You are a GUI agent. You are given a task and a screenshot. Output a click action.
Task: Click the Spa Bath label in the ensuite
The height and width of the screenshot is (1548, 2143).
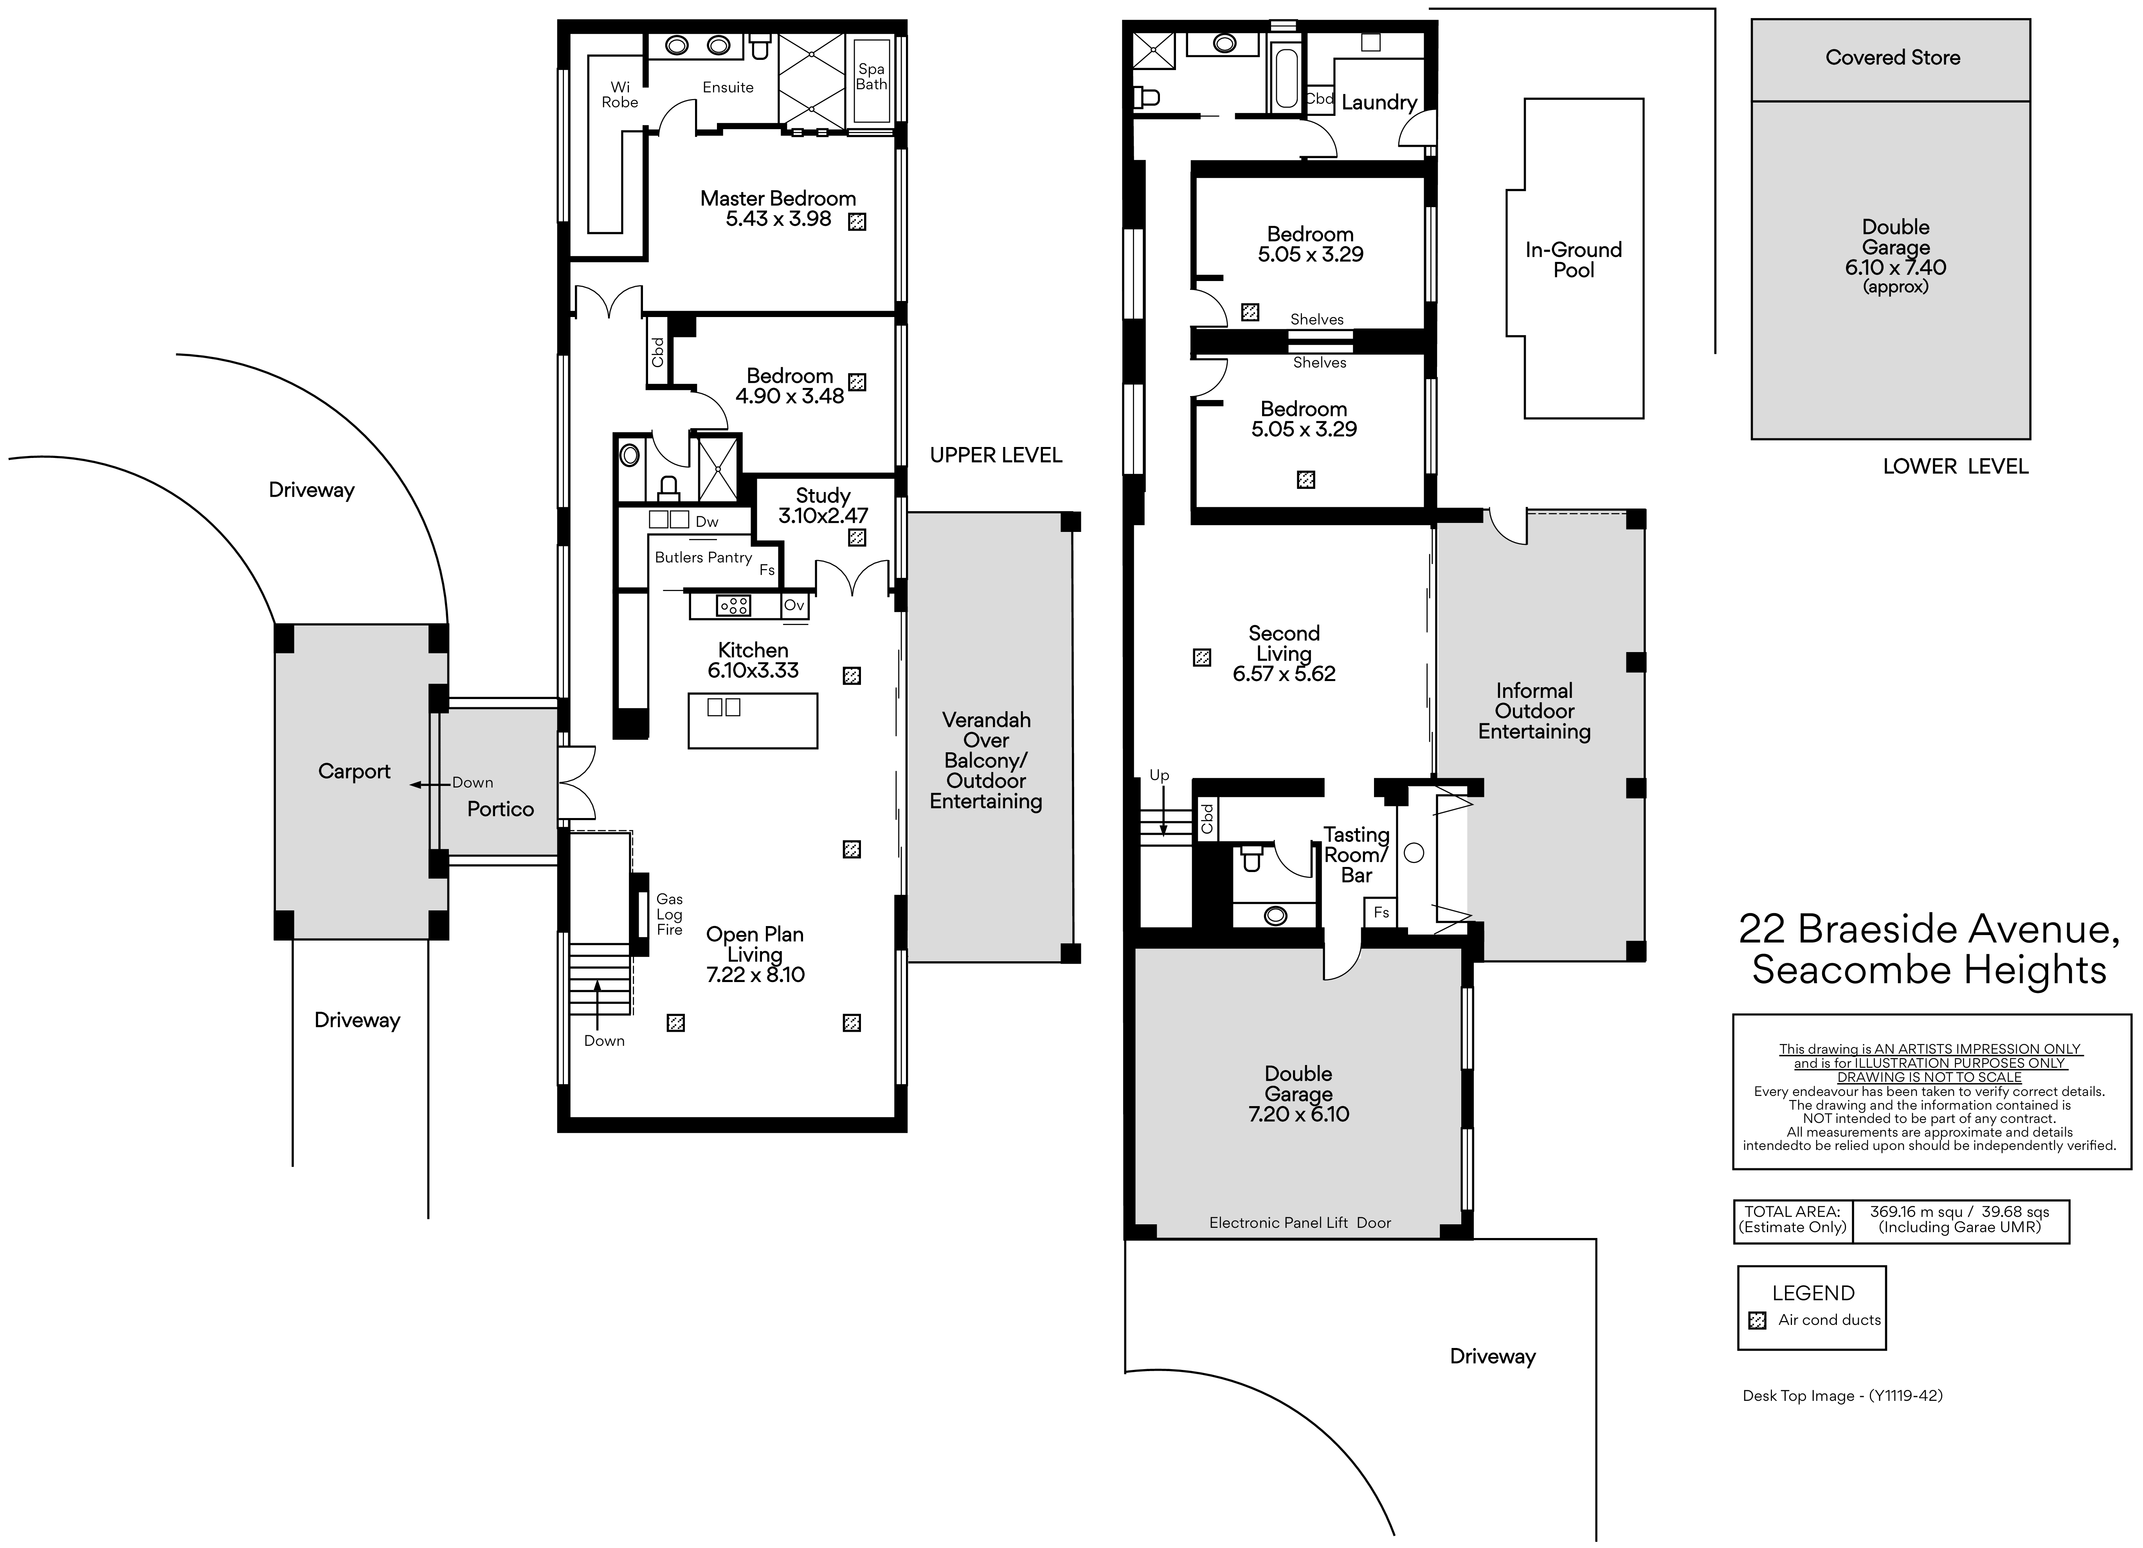871,77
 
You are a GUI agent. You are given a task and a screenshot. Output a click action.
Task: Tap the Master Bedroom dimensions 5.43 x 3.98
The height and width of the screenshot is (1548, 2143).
779,218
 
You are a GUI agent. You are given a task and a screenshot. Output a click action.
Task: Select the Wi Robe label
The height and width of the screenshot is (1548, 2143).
620,94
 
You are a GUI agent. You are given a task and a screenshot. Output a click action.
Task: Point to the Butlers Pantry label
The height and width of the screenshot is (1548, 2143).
703,558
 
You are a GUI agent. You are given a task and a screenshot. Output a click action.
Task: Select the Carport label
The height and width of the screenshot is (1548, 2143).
354,771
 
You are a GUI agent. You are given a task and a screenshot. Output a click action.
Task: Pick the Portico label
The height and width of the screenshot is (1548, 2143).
501,809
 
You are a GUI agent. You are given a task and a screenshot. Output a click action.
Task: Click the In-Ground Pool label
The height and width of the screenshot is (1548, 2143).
1573,260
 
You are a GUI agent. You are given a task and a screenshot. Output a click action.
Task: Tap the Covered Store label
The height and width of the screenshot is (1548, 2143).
1893,58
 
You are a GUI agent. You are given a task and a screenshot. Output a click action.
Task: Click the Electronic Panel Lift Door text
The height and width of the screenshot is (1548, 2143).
1300,1223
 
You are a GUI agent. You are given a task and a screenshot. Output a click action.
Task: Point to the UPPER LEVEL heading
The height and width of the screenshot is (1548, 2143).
996,456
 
